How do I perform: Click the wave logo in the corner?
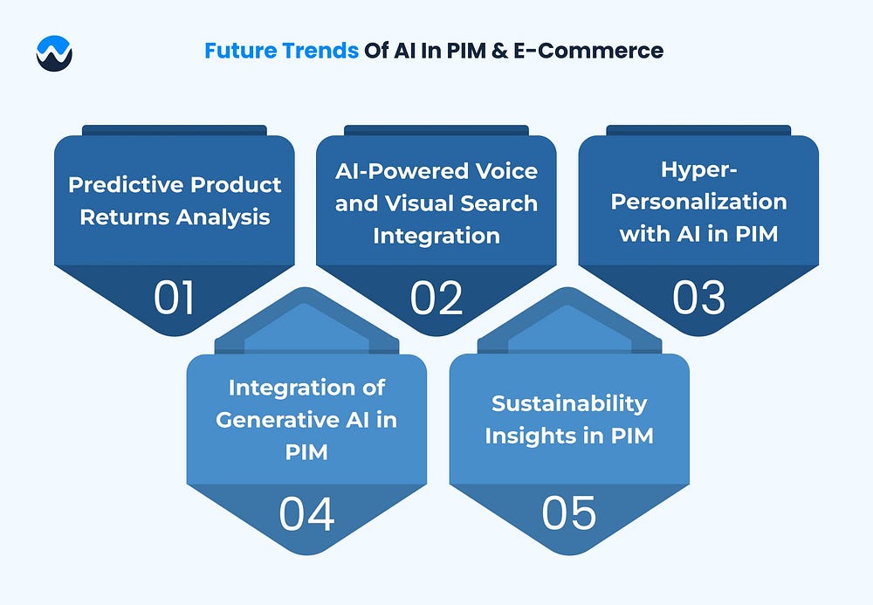pyautogui.click(x=54, y=53)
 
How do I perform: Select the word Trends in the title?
pyautogui.click(x=320, y=51)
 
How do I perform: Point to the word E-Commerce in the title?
pyautogui.click(x=588, y=51)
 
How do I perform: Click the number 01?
pyautogui.click(x=174, y=298)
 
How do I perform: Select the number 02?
pyautogui.click(x=436, y=298)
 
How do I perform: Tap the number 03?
pyautogui.click(x=698, y=298)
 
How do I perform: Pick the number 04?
pyautogui.click(x=306, y=513)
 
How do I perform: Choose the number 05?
pyautogui.click(x=568, y=513)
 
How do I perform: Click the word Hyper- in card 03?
pyautogui.click(x=698, y=170)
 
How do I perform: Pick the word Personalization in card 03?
pyautogui.click(x=698, y=202)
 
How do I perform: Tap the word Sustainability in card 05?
pyautogui.click(x=569, y=403)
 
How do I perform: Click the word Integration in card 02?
pyautogui.click(x=436, y=236)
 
